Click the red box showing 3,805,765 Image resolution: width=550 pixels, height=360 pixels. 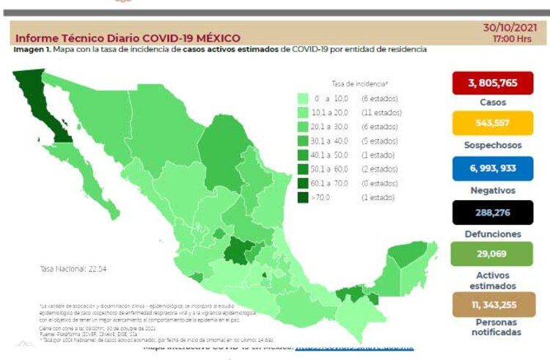[493, 83]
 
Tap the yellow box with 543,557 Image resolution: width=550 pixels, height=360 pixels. [493, 122]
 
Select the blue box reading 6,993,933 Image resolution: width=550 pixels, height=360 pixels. [493, 168]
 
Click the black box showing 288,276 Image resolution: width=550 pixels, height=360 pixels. [493, 213]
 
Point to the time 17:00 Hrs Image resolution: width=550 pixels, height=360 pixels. [513, 38]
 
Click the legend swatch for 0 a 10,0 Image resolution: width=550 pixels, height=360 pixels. [303, 98]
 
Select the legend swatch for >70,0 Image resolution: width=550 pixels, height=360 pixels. [303, 198]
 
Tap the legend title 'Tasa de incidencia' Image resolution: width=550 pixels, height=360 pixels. [359, 84]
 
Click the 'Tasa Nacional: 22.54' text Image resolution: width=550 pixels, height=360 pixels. [73, 269]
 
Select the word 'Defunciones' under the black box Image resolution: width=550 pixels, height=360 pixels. [493, 234]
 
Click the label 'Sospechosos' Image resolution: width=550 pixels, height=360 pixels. [493, 145]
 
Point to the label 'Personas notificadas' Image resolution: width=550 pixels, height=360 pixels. [493, 327]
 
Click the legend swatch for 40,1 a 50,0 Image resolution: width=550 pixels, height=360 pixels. [303, 155]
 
